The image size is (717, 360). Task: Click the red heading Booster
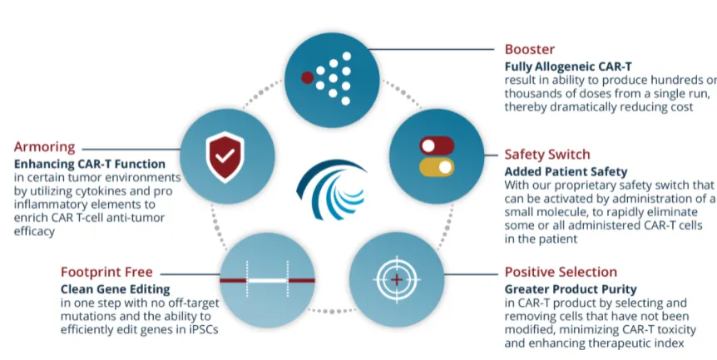pos(529,49)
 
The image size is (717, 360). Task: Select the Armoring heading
pos(42,147)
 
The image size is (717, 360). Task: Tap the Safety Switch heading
pos(546,154)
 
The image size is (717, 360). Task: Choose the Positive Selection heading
pos(561,272)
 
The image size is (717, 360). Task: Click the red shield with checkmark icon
pos(223,155)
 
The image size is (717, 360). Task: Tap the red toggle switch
pos(437,146)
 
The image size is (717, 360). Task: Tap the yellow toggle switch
pos(437,167)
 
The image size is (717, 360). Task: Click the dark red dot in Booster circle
pos(308,79)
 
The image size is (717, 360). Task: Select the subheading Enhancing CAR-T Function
pos(88,164)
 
